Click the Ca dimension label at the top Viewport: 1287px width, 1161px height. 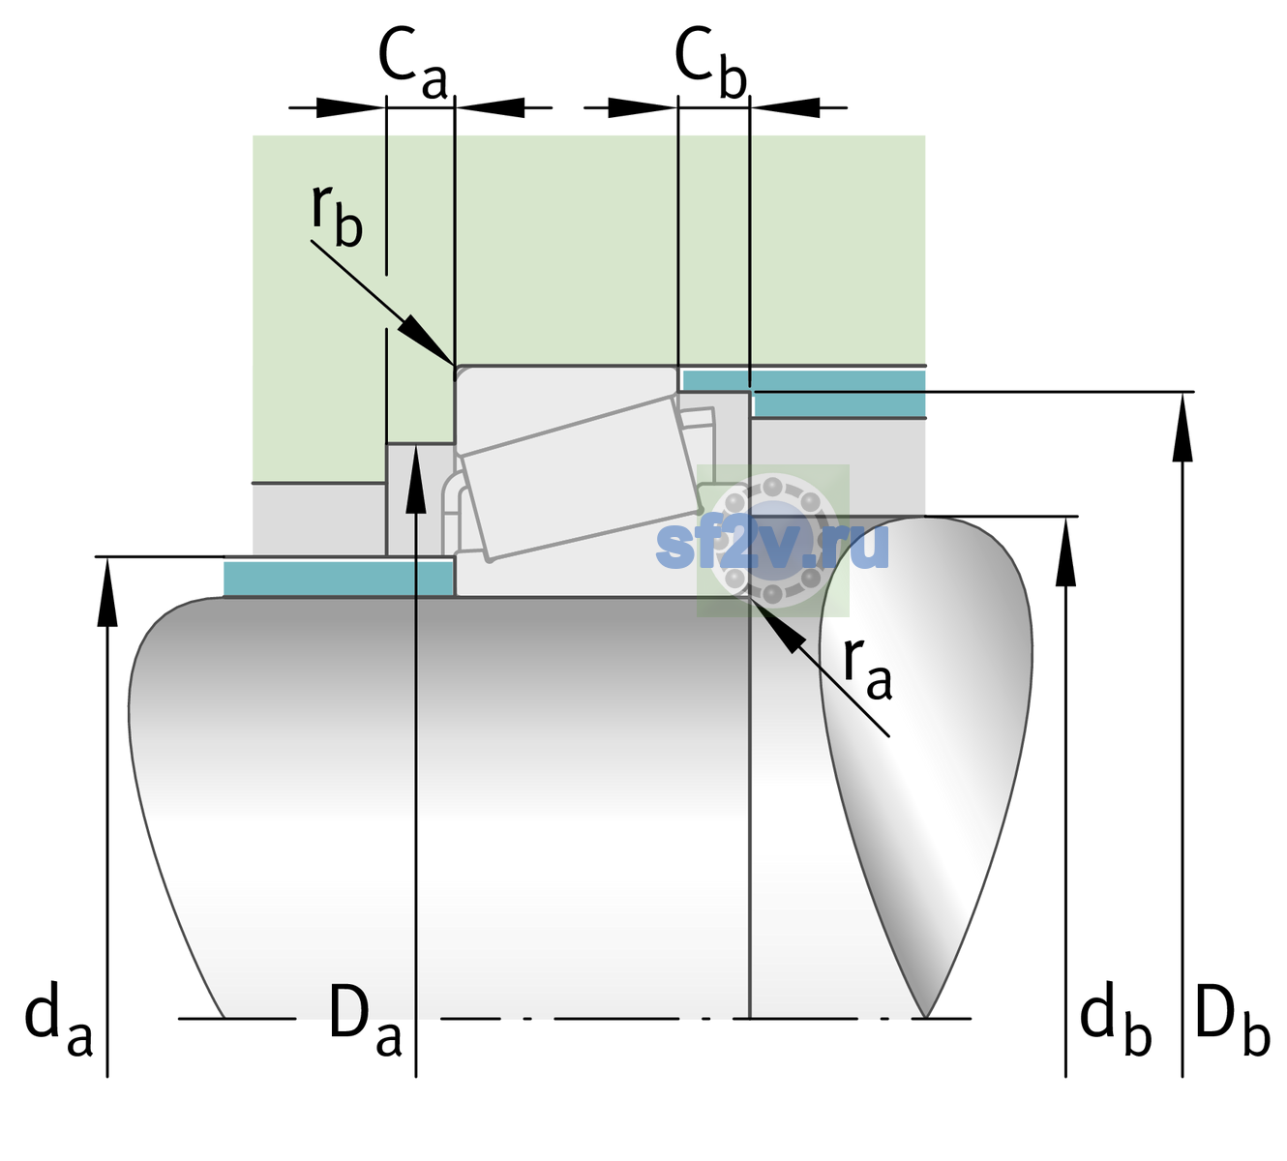pos(412,63)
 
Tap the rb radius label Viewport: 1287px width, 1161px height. pos(337,215)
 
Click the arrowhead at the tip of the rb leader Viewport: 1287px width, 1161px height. pos(426,340)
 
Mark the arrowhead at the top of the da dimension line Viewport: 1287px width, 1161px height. pos(107,591)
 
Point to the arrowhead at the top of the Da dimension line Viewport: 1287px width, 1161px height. pos(416,479)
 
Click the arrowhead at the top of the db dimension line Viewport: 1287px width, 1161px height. pos(1065,551)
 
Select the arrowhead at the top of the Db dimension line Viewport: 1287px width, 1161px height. pos(1182,428)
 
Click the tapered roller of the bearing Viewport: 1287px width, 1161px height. pos(581,479)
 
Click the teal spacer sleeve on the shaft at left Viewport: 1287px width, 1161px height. pos(338,578)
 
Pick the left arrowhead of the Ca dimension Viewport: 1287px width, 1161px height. pos(349,107)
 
